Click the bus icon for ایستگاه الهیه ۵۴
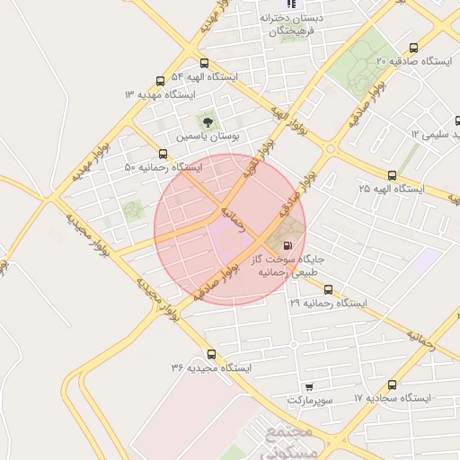(205, 64)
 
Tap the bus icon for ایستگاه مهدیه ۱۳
(160, 81)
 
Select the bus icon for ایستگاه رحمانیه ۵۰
(163, 155)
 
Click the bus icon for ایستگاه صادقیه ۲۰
(413, 48)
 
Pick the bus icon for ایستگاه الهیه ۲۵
(392, 175)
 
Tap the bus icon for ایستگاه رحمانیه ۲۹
(328, 290)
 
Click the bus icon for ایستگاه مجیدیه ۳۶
(211, 354)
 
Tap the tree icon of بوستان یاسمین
(208, 121)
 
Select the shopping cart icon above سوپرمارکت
(309, 385)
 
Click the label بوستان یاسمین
(208, 137)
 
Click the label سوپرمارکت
(310, 398)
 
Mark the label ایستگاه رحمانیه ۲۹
(329, 304)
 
